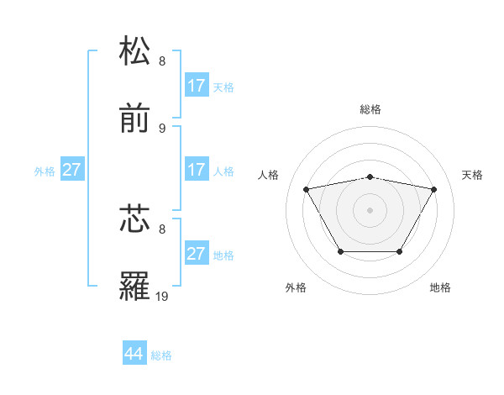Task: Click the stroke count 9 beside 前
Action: coord(162,129)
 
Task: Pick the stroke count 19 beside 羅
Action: coord(162,297)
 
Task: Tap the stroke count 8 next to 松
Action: coord(162,61)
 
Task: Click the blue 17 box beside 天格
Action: coord(197,86)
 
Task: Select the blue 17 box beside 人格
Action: coord(197,170)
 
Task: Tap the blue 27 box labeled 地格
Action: coord(197,254)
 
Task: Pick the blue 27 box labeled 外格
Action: coord(72,170)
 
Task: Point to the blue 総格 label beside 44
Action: coord(161,355)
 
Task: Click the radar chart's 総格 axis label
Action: coord(370,109)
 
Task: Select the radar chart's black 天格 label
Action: coord(472,175)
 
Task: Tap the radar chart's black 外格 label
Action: coord(296,287)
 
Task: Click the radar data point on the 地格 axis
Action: coord(400,251)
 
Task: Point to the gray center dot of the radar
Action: coord(370,210)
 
